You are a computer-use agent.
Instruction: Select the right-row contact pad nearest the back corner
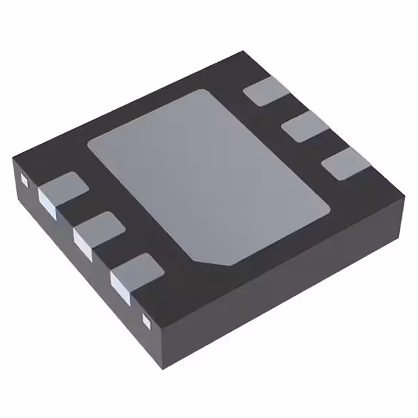(266, 91)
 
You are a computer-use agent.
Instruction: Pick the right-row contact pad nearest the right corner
(346, 163)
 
